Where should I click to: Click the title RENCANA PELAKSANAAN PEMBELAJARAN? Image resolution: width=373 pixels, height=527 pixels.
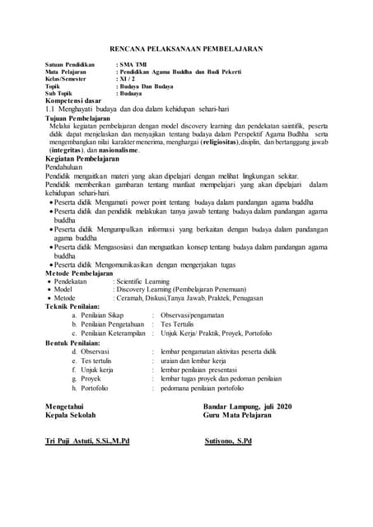point(186,49)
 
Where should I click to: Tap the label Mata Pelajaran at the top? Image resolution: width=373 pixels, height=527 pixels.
point(67,72)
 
